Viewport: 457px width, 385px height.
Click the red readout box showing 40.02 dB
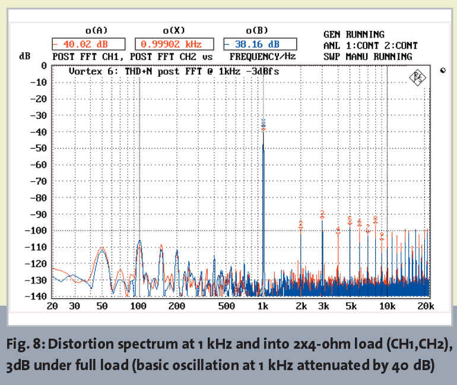coord(88,43)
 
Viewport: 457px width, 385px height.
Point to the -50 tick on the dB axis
coord(37,148)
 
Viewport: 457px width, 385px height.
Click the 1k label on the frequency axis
coord(263,306)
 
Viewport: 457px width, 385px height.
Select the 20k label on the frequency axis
coord(425,306)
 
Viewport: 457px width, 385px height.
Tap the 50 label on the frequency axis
coord(102,306)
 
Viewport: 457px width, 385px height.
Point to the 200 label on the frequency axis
coord(176,306)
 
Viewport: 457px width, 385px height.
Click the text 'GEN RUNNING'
coord(354,34)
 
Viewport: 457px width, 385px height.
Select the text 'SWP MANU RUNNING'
coord(367,56)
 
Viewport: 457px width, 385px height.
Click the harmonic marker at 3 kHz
coord(322,213)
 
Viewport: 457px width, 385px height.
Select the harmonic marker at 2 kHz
coord(301,224)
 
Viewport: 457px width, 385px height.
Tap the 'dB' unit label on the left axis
coord(26,56)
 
